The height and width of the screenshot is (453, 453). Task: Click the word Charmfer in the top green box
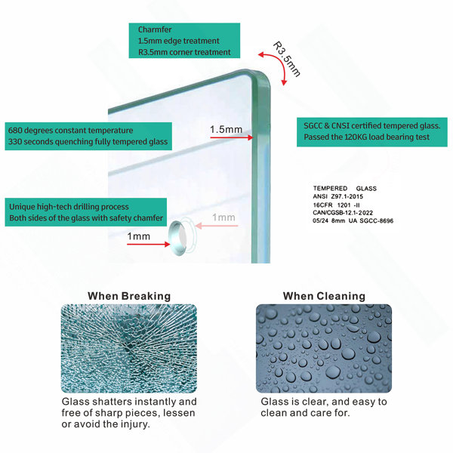[x=155, y=29]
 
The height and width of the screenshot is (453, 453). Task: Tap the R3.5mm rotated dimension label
[x=286, y=59]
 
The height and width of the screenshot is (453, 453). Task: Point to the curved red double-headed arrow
[x=277, y=64]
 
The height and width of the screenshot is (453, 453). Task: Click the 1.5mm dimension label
[x=226, y=129]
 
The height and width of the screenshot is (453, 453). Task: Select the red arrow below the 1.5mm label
[x=232, y=137]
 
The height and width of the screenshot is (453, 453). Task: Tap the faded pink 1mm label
[x=223, y=217]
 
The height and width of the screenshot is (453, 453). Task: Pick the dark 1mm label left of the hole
[x=139, y=236]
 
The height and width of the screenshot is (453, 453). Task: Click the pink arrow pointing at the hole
[x=217, y=226]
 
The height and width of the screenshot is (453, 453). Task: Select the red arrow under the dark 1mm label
[x=149, y=245]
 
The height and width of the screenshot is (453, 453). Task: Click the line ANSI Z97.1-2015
[x=337, y=196]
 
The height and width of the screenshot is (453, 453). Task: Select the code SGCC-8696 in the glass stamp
[x=377, y=220]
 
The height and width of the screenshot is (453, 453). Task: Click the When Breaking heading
[x=129, y=296]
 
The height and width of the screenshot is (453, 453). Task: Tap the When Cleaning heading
[x=324, y=296]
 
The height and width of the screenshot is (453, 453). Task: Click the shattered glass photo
[x=129, y=348]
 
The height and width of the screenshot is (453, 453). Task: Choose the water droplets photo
[x=324, y=348]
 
